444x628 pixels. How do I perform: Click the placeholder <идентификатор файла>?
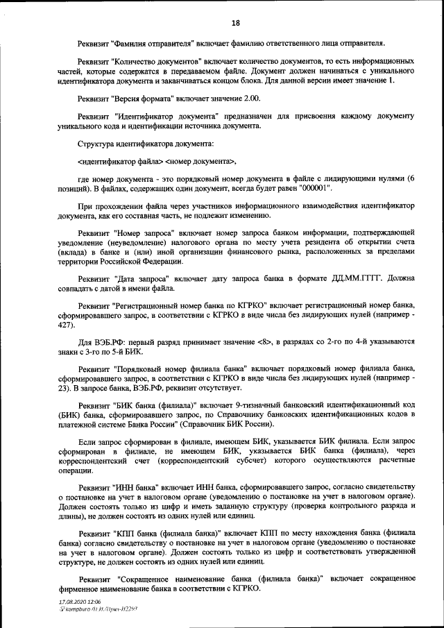click(120, 161)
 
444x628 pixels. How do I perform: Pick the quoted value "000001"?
click(316, 188)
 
